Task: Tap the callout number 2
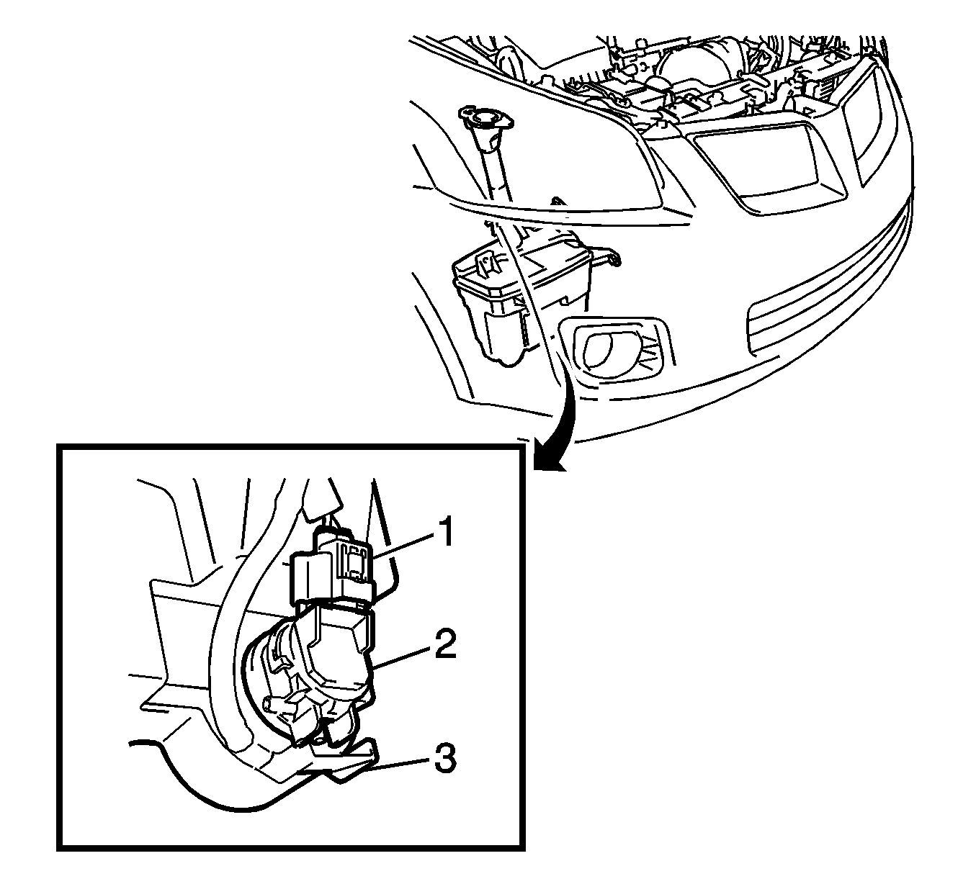445,644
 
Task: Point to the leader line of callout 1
403,545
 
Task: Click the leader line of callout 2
400,657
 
